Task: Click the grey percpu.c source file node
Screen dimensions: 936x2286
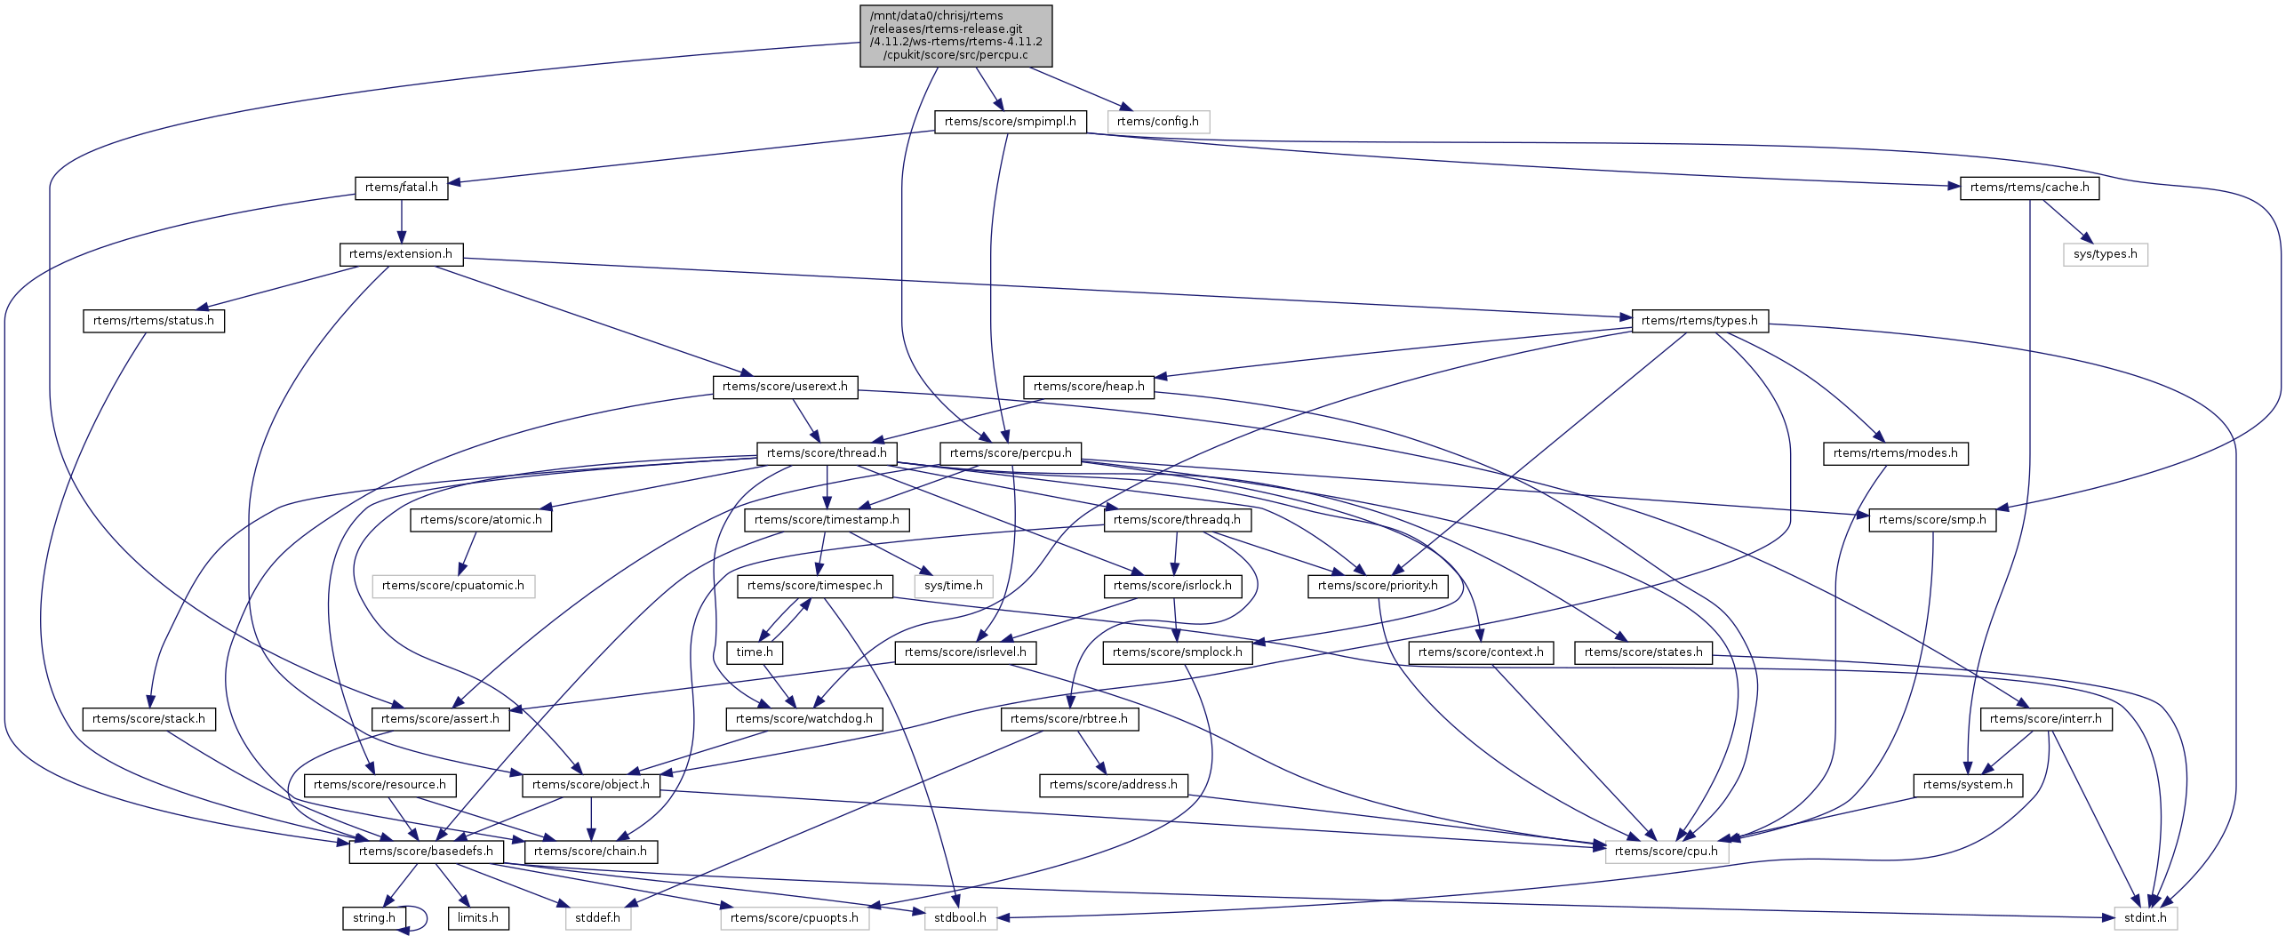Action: click(955, 36)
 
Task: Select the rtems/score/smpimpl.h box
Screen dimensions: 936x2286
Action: click(1010, 122)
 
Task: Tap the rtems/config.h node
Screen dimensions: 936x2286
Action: click(1157, 122)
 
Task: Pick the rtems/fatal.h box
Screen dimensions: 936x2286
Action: click(401, 188)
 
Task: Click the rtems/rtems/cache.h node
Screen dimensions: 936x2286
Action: click(2029, 188)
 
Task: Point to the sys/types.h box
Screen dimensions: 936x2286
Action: click(2105, 254)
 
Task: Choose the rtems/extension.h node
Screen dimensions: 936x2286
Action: click(400, 254)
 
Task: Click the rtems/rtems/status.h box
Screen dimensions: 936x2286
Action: click(154, 321)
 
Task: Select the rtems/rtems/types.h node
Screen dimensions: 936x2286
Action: click(1699, 321)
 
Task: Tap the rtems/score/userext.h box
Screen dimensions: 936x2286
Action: click(784, 387)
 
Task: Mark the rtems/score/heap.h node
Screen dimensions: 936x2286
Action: click(1088, 387)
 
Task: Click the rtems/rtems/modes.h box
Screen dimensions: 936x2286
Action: click(1895, 453)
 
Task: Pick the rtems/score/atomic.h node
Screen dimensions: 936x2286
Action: click(481, 520)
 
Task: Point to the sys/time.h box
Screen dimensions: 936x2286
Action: click(953, 586)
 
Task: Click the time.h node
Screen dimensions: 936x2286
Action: click(755, 652)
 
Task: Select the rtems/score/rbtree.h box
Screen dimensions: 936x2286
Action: click(1068, 719)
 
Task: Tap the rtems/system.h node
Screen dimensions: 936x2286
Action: click(1967, 785)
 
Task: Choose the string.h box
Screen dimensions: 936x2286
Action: click(374, 918)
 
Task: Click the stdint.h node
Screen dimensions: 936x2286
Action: click(2145, 918)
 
